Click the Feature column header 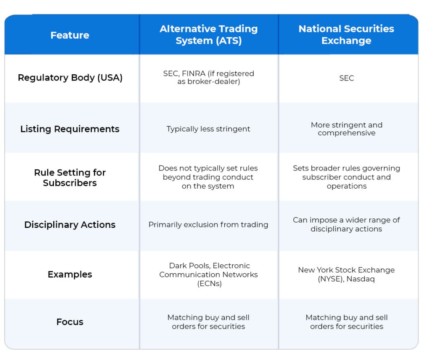70,36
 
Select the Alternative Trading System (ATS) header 209,35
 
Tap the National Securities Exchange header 346,35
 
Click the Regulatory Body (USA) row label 70,78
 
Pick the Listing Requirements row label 70,129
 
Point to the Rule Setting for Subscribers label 70,178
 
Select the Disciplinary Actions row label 70,225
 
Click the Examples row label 70,274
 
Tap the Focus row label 70,322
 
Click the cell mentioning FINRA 209,78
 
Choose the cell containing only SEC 346,78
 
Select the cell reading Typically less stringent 209,129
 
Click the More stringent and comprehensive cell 346,129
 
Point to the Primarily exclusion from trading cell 209,225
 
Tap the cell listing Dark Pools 209,274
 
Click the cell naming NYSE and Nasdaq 346,274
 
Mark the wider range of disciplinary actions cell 346,224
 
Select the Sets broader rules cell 346,177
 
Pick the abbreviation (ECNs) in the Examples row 209,283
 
